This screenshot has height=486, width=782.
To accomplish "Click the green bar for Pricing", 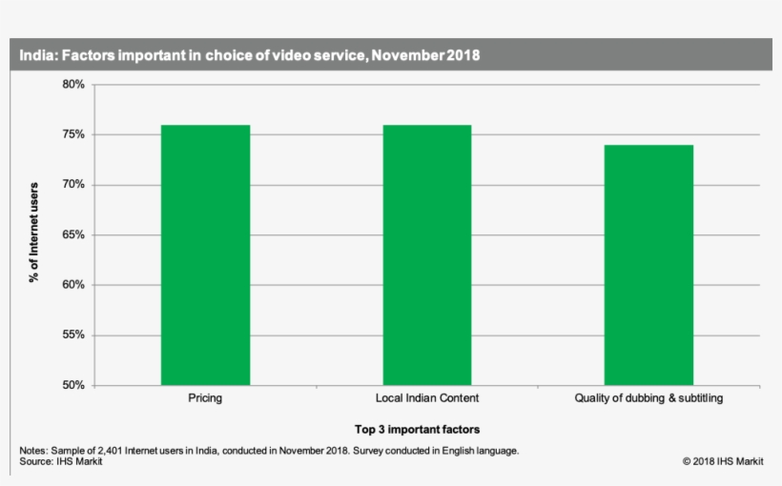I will click(205, 255).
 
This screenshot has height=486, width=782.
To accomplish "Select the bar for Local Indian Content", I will click(427, 255).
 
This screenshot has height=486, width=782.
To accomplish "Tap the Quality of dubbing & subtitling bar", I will click(648, 265).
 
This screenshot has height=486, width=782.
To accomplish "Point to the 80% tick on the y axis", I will click(73, 85).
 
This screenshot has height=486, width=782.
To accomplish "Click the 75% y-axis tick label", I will click(73, 135).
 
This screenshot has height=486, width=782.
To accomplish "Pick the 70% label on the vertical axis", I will click(73, 185).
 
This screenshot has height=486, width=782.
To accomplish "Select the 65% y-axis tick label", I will click(73, 235).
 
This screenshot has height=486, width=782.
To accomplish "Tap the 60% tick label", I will click(73, 285).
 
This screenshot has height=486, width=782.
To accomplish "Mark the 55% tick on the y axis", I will click(73, 335).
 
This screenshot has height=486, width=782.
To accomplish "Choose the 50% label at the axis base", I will click(73, 386).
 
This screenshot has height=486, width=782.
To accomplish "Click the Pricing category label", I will click(205, 398).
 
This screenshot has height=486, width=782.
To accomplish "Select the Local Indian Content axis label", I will click(427, 398).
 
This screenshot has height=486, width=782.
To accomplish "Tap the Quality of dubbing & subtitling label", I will click(648, 398).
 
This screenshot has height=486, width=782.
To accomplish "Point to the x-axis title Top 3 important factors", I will click(417, 429).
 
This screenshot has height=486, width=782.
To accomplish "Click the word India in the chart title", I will click(36, 56).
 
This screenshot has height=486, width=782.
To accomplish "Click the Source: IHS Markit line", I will click(60, 462).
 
